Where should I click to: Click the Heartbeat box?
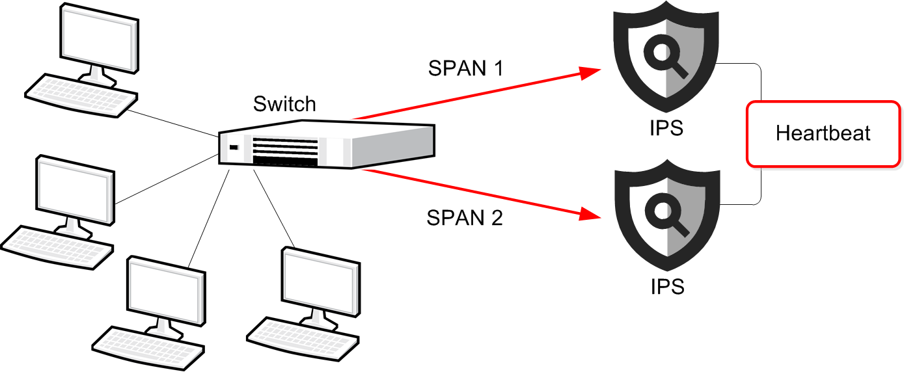click(x=823, y=133)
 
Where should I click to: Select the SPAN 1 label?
click(x=465, y=68)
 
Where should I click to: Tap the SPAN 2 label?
click(x=464, y=218)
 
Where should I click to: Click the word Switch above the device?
click(x=284, y=104)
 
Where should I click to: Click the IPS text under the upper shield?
click(x=667, y=128)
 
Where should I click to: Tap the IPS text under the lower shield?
click(x=667, y=286)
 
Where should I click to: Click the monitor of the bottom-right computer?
click(x=320, y=278)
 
